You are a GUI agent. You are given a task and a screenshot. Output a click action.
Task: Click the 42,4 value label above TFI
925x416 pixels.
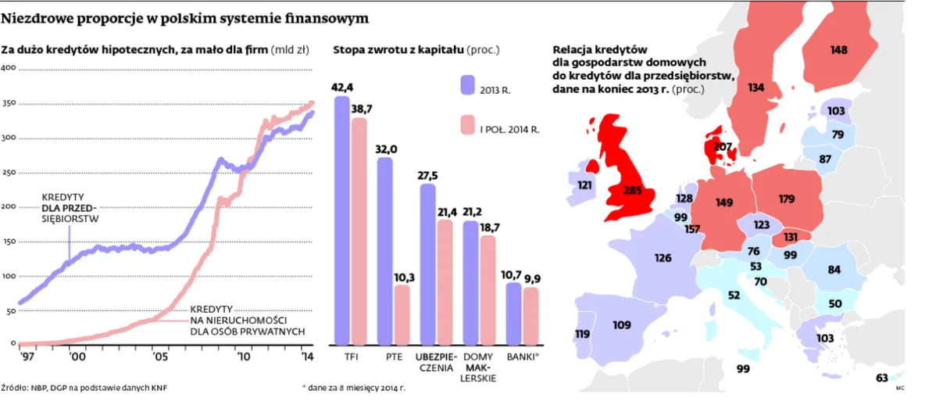[343, 87]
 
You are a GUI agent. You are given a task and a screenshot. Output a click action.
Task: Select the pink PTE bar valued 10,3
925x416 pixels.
[401, 315]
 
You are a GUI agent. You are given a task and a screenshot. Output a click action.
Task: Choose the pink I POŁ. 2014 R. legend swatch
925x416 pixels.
[468, 127]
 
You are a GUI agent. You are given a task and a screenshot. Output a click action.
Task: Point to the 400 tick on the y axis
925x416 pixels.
[9, 69]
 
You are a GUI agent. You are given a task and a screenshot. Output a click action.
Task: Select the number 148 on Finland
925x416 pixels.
[838, 50]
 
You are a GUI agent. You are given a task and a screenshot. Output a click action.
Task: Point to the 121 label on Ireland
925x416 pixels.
[584, 185]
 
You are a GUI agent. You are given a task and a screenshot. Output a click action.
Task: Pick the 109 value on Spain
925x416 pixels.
[622, 325]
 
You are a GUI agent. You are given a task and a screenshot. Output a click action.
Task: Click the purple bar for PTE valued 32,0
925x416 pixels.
[385, 250]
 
